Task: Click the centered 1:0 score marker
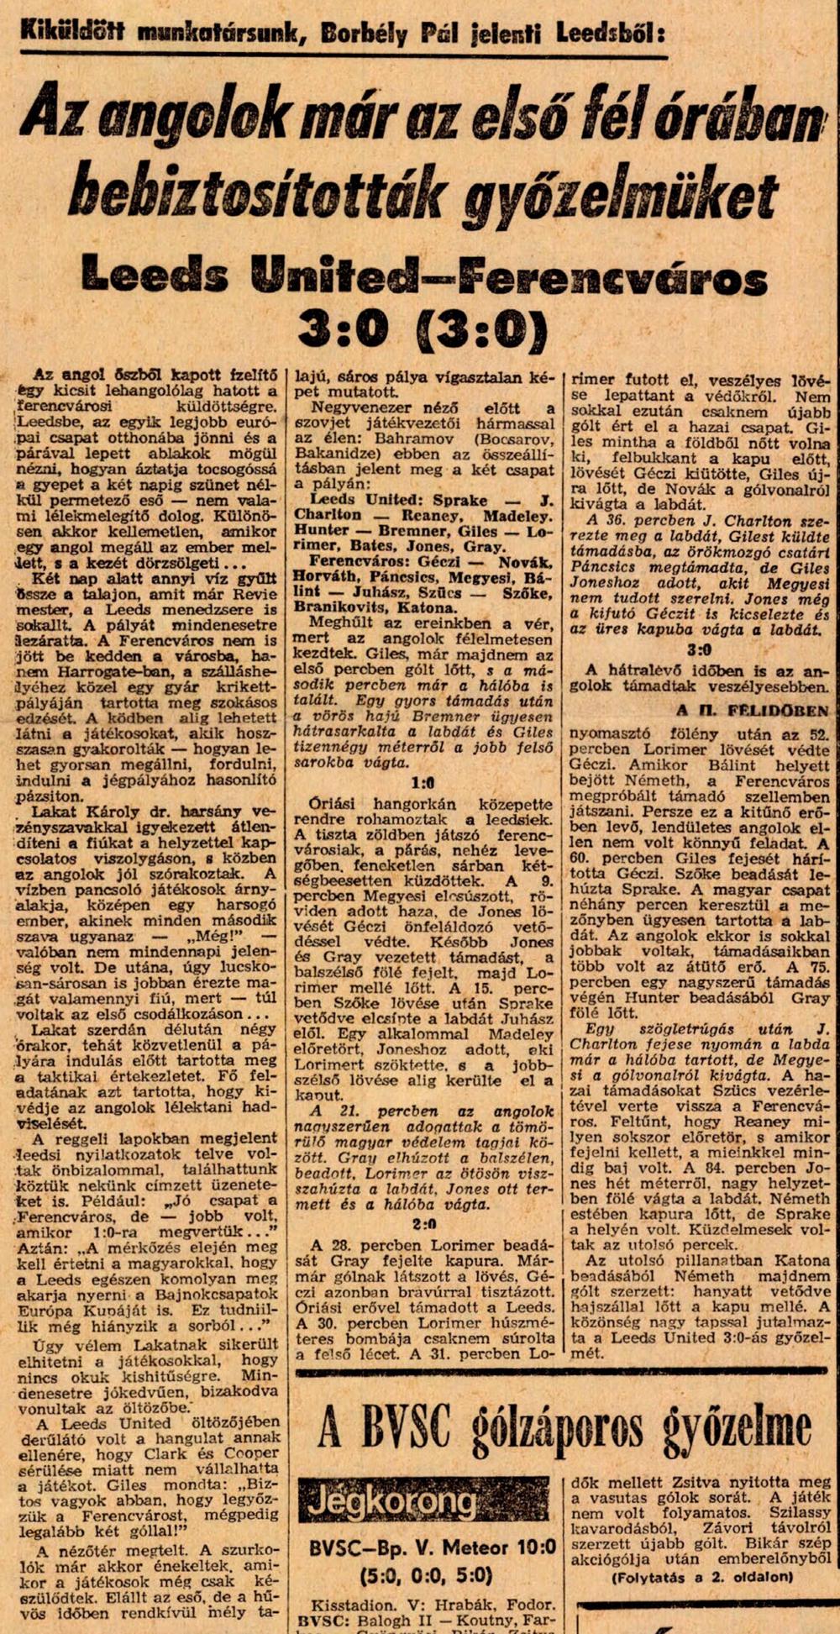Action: point(423,781)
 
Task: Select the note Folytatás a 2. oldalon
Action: point(702,1577)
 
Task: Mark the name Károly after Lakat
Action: point(107,812)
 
